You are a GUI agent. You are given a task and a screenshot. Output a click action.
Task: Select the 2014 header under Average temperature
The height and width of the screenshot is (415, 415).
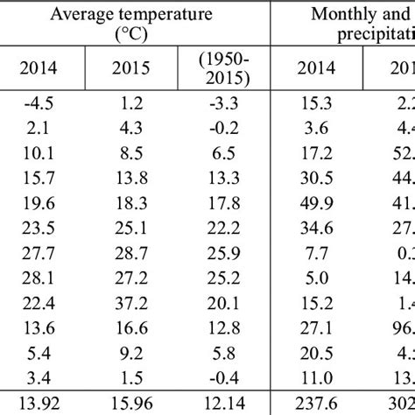pyautogui.click(x=42, y=68)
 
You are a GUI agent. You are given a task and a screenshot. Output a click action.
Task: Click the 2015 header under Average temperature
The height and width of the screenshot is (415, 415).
pyautogui.click(x=134, y=68)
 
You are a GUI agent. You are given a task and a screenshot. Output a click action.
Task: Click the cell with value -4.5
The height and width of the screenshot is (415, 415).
pyautogui.click(x=42, y=103)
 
